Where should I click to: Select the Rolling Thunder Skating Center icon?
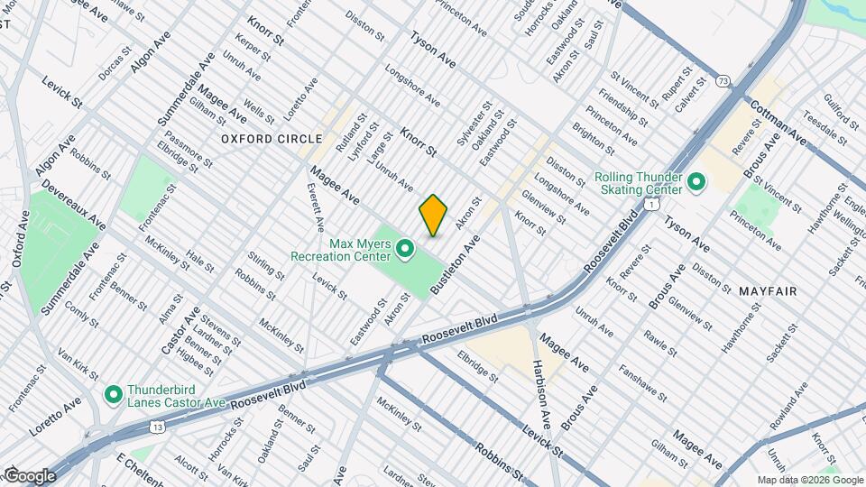tap(696, 183)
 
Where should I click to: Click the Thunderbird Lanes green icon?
tap(113, 395)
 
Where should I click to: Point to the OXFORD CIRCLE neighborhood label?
tap(272, 139)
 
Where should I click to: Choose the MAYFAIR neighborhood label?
tap(767, 291)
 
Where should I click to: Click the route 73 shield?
tap(723, 81)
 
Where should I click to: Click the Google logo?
tap(30, 475)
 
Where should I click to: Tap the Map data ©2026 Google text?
tap(808, 480)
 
